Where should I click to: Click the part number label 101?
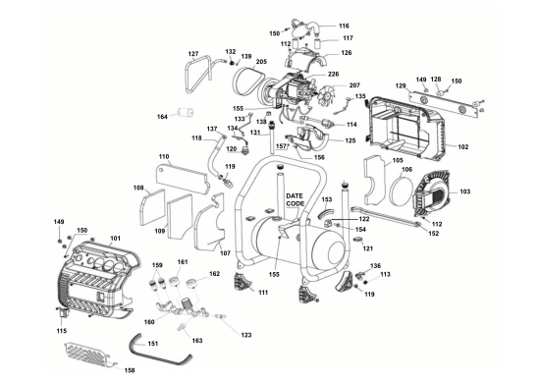pyautogui.click(x=115, y=239)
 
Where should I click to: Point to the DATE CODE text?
pyautogui.click(x=295, y=200)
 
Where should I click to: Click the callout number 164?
pyautogui.click(x=163, y=118)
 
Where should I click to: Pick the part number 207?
pyautogui.click(x=354, y=86)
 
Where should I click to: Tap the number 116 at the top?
pyautogui.click(x=344, y=26)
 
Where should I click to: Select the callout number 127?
pyautogui.click(x=193, y=53)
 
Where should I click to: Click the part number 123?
pyautogui.click(x=245, y=335)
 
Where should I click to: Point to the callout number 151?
pyautogui.click(x=152, y=344)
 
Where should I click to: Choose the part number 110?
pyautogui.click(x=164, y=157)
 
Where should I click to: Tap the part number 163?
pyautogui.click(x=197, y=340)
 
